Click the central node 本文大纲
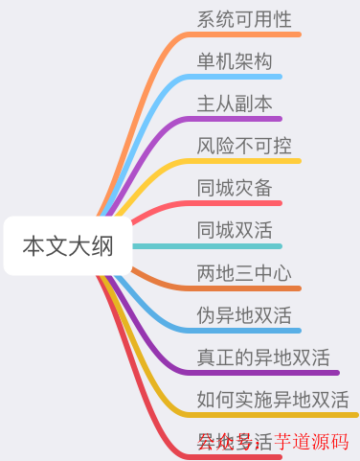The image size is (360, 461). (x=68, y=246)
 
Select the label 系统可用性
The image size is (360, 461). (x=244, y=19)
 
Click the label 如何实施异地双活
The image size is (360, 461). (x=273, y=400)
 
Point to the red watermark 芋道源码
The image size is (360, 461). (x=311, y=442)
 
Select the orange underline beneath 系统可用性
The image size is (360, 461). (x=249, y=35)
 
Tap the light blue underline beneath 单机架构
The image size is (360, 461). (x=239, y=77)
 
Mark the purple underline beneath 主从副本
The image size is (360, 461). (x=239, y=119)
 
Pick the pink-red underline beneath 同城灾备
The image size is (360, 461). (x=239, y=203)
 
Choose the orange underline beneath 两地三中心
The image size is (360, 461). (x=249, y=288)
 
